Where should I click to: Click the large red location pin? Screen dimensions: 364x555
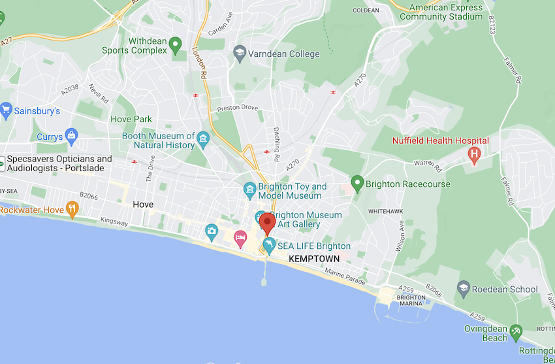267,223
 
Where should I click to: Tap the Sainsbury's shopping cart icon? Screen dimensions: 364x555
7,110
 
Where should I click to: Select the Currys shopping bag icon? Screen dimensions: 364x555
72,137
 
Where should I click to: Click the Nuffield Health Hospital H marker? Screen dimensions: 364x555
475,154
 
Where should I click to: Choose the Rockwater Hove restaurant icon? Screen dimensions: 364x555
72,210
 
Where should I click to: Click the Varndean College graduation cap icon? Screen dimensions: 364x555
240,54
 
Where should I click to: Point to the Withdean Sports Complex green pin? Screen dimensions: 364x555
174,45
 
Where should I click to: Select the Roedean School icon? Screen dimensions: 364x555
464,288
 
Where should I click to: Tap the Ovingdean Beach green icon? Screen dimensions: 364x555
516,332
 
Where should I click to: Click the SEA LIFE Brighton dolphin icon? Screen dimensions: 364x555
268,246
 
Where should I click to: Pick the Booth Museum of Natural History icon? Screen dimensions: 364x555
204,139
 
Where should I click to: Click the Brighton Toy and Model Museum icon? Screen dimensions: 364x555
249,190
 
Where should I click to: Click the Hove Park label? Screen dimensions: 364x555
131,119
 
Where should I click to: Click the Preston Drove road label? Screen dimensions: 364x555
237,108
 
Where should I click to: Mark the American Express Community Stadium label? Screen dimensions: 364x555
446,12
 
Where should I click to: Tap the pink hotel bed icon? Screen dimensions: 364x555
240,236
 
